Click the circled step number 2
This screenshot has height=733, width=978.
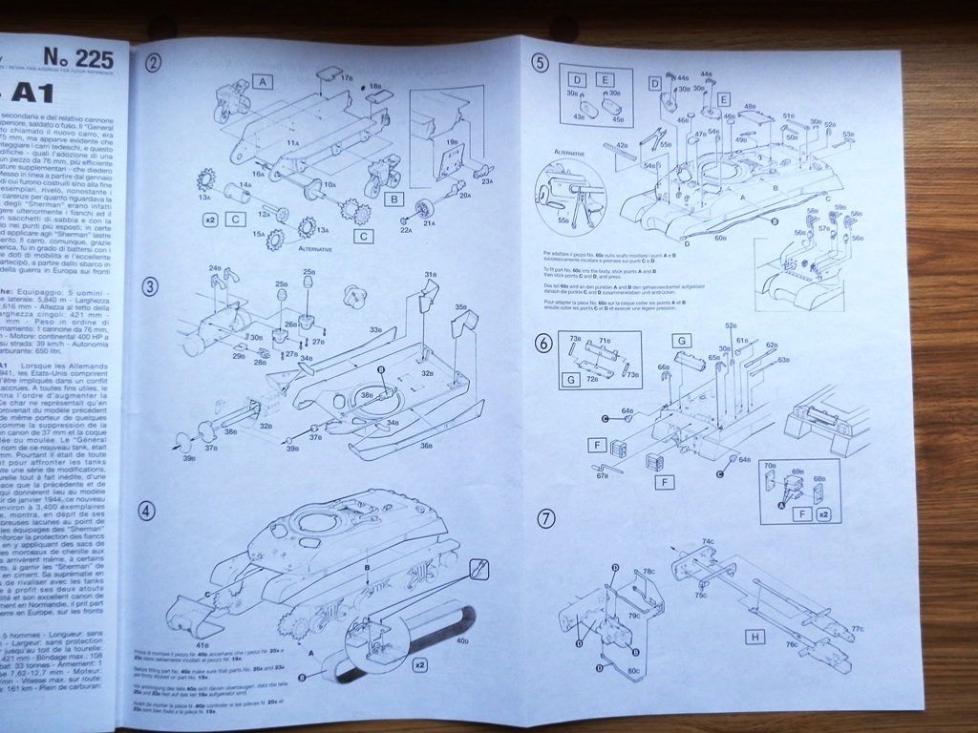point(154,64)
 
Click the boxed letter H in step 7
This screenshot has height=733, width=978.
point(756,637)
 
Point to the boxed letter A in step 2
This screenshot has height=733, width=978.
point(262,83)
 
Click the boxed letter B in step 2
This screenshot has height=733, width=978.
point(392,199)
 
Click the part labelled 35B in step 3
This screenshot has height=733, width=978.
point(461,308)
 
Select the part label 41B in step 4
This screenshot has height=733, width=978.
point(202,645)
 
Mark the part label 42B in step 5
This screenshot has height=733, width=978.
point(621,146)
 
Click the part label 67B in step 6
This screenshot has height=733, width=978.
point(602,476)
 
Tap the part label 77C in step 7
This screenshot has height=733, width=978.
point(858,629)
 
